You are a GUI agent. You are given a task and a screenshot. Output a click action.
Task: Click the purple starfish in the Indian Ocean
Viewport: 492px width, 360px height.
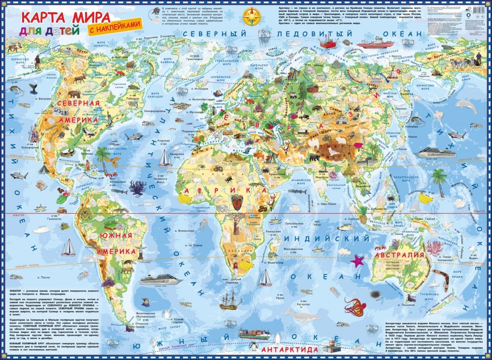point(357,261)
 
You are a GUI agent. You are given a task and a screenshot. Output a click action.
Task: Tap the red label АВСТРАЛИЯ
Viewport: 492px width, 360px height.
point(399,255)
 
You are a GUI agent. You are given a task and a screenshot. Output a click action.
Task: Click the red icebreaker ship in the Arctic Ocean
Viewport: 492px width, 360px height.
point(375,44)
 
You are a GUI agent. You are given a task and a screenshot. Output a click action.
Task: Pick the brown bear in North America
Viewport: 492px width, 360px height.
point(74,93)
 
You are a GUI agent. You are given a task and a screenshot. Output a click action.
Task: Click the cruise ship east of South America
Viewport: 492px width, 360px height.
point(161,280)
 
